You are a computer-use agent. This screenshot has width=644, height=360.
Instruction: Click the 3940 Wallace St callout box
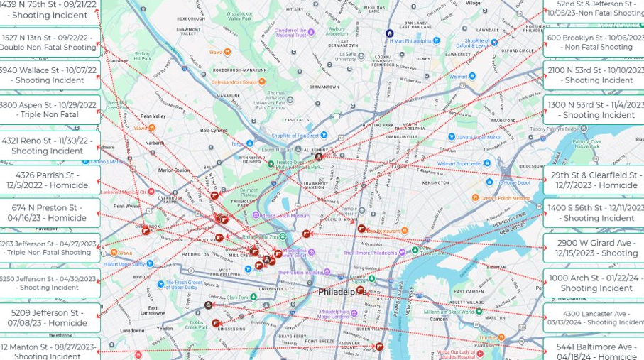(x=50, y=75)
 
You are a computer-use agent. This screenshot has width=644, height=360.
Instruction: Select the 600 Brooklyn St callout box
(x=595, y=43)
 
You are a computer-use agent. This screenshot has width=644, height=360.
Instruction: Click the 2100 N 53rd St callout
(x=595, y=75)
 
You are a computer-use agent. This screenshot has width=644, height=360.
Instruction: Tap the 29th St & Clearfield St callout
(x=595, y=180)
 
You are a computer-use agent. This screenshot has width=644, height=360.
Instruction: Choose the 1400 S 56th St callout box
(x=595, y=213)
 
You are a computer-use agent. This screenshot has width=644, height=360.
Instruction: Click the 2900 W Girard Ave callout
(x=595, y=248)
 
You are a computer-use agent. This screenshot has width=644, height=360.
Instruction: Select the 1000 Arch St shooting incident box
(x=595, y=283)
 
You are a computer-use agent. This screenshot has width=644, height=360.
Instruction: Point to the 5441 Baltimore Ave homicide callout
(x=595, y=351)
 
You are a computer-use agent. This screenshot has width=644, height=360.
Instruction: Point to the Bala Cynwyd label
(x=214, y=130)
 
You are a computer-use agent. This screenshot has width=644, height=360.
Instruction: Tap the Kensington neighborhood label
(x=435, y=182)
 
